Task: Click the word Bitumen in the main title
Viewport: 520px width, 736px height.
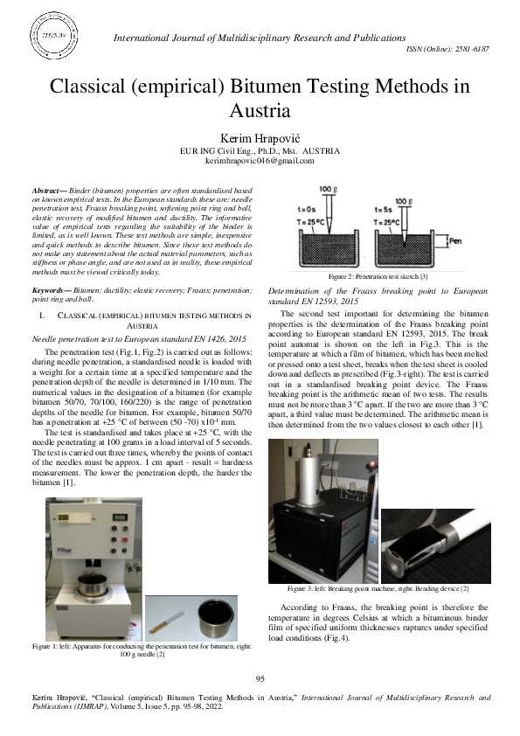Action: click(247, 87)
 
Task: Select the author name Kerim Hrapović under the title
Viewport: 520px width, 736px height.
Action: click(259, 139)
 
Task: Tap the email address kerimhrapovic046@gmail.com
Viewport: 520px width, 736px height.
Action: click(259, 162)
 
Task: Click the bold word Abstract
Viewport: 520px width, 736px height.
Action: click(47, 190)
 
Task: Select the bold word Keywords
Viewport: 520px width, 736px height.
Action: click(51, 288)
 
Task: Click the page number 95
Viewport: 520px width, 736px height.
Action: click(260, 679)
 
